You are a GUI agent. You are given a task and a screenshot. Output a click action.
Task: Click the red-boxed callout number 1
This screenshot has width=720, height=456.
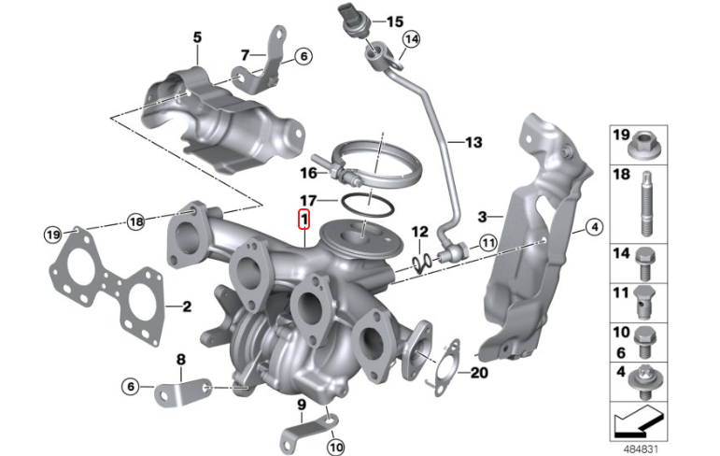click(x=304, y=220)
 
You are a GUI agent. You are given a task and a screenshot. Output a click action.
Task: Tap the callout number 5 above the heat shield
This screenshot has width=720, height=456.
click(x=197, y=36)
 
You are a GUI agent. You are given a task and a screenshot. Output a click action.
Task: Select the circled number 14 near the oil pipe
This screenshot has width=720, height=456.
click(x=412, y=39)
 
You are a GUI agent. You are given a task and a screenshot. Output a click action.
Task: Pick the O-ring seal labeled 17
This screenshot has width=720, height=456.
click(x=367, y=205)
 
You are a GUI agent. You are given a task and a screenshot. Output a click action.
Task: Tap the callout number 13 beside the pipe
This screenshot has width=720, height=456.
click(x=473, y=142)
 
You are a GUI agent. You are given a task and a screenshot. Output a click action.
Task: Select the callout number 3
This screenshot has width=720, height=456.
click(x=482, y=217)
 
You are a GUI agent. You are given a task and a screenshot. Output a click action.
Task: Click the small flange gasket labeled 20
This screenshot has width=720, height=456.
click(x=445, y=368)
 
